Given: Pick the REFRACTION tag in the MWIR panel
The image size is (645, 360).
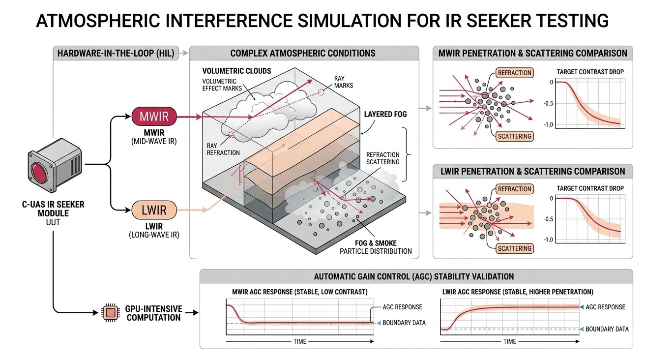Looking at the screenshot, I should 514,73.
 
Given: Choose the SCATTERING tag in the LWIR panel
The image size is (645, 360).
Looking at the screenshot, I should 514,248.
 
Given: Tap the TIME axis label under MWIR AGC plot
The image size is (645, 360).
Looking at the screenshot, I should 299,341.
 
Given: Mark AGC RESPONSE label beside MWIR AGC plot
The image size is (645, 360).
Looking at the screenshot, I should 402,307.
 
